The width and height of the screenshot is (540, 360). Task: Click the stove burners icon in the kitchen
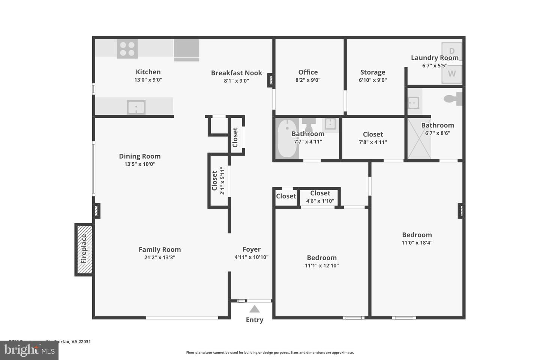pyautogui.click(x=127, y=49)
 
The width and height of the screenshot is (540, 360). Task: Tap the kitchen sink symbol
pyautogui.click(x=136, y=107)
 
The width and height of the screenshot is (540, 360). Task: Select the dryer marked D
pyautogui.click(x=451, y=51)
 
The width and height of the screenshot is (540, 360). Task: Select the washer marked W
pyautogui.click(x=451, y=74)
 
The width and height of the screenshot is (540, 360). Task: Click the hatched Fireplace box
pyautogui.click(x=84, y=249)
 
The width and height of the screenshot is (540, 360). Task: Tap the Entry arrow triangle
pyautogui.click(x=255, y=309)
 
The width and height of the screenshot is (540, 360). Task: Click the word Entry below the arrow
pyautogui.click(x=255, y=320)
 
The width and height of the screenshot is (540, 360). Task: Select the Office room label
pyautogui.click(x=308, y=72)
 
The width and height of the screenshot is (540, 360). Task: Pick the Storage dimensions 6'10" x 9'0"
pyautogui.click(x=373, y=80)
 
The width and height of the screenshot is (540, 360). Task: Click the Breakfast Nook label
pyautogui.click(x=236, y=73)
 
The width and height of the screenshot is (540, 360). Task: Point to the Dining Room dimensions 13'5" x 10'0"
pyautogui.click(x=140, y=164)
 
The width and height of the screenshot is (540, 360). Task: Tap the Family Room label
pyautogui.click(x=160, y=249)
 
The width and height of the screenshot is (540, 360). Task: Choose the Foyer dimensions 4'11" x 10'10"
pyautogui.click(x=251, y=257)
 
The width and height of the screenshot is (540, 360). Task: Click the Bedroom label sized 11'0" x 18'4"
pyautogui.click(x=417, y=235)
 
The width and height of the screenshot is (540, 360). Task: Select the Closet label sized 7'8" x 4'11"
pyautogui.click(x=373, y=134)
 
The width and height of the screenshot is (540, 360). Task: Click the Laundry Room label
pyautogui.click(x=435, y=58)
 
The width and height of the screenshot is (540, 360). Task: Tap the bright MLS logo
pyautogui.click(x=29, y=350)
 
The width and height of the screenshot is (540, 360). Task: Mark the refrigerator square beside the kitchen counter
pyautogui.click(x=186, y=49)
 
